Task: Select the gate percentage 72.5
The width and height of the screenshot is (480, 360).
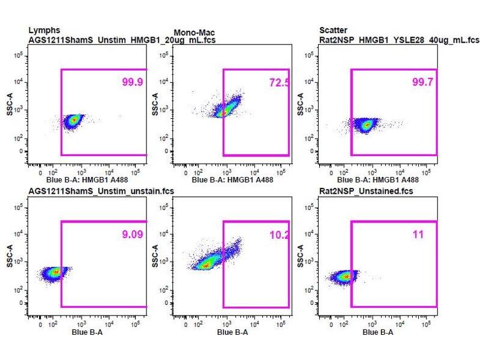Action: (x=280, y=82)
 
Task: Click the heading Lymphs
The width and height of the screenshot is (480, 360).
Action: (x=44, y=29)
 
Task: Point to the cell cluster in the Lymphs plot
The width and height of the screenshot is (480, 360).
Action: (x=74, y=120)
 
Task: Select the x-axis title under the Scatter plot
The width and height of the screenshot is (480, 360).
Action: (x=378, y=179)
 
